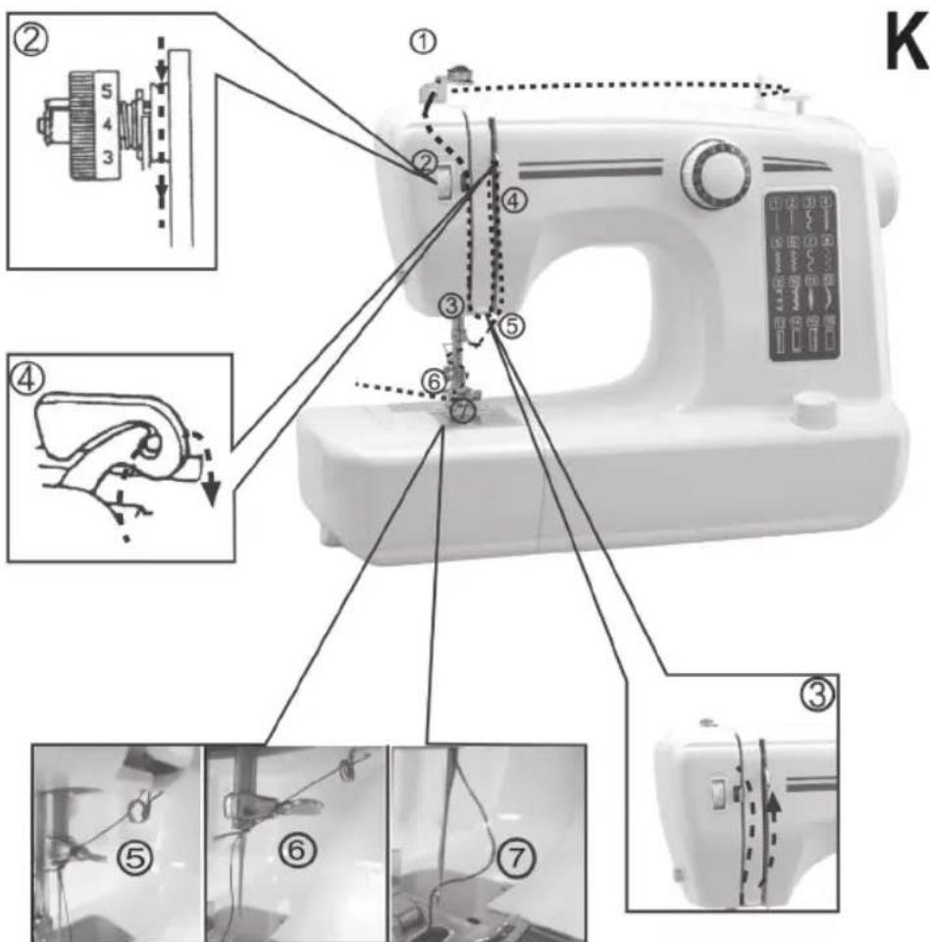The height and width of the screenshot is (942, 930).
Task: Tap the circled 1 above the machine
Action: point(424,41)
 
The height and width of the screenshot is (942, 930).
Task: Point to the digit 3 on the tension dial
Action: point(109,158)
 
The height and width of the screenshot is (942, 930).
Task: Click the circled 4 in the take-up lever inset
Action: point(26,378)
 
